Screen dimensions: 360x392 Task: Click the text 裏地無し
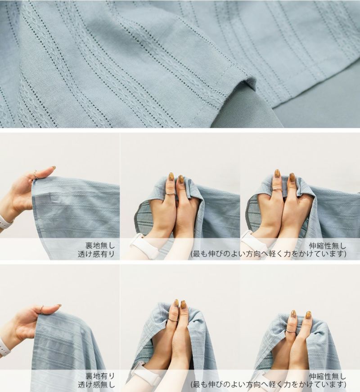[100, 245]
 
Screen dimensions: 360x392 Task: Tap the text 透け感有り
[96, 254]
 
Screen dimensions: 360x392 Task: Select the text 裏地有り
[100, 376]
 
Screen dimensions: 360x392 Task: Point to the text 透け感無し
[96, 385]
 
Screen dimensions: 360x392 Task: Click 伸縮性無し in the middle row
[328, 246]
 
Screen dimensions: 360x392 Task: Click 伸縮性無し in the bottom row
[328, 377]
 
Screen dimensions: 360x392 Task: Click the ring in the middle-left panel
[35, 174]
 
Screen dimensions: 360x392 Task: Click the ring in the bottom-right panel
[290, 330]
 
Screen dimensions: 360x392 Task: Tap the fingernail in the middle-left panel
[53, 168]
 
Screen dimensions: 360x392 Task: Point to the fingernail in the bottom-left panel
[58, 306]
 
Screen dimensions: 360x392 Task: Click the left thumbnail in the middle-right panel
[277, 174]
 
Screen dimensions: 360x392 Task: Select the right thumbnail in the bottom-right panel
[308, 314]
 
